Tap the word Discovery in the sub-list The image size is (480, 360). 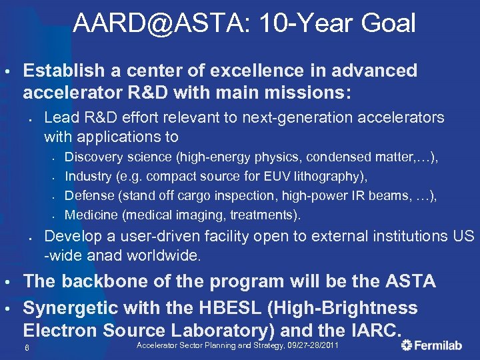tap(93, 157)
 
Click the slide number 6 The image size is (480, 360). tap(26, 348)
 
